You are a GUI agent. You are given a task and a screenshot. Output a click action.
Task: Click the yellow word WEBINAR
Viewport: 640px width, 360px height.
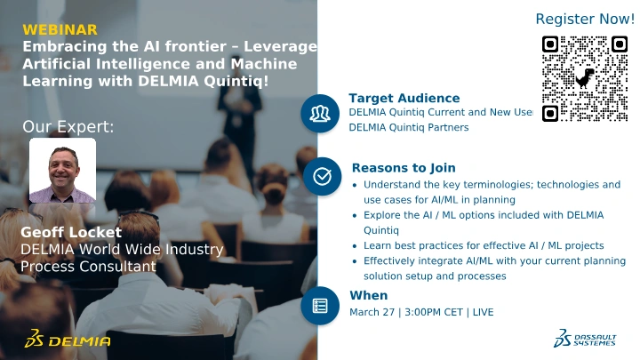pos(60,30)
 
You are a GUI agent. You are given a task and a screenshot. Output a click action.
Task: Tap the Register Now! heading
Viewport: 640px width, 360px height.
pos(585,19)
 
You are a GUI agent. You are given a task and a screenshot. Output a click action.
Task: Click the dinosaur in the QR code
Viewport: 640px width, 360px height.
pos(585,78)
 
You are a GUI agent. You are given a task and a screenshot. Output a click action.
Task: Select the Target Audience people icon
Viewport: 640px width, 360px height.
pos(320,114)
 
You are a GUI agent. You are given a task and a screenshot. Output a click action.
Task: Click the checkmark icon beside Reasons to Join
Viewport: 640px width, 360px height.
pos(322,176)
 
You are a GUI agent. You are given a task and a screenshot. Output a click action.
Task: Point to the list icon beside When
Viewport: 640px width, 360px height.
pos(320,306)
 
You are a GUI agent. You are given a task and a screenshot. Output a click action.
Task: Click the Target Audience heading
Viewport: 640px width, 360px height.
pos(404,98)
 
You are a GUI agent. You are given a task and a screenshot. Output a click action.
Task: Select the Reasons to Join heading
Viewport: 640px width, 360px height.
pos(404,168)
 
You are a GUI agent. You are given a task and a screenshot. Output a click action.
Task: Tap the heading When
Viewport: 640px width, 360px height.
pos(369,295)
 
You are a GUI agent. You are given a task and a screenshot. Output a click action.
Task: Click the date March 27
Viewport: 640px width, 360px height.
pos(372,312)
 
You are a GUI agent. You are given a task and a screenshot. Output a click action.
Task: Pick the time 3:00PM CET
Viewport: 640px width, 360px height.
pos(434,312)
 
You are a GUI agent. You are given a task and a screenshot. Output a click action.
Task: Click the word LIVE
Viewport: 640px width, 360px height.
pos(484,312)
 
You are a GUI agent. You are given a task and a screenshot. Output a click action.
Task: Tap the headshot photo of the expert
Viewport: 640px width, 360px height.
pos(62,171)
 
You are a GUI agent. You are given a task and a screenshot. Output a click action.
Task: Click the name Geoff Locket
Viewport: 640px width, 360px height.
pos(71,232)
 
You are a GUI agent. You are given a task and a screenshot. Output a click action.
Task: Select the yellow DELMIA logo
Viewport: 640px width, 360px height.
pos(68,339)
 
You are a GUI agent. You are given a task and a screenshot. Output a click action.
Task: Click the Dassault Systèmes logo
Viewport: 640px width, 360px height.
pos(585,339)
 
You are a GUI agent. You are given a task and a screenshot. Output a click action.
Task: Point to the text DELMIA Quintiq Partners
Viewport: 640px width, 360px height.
pos(409,127)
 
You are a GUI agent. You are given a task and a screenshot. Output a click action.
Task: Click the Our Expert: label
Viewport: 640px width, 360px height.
pos(68,126)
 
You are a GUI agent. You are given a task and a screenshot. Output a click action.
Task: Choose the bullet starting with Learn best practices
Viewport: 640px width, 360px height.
pos(484,245)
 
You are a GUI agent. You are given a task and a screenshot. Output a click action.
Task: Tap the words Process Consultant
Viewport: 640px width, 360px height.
pos(88,267)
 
